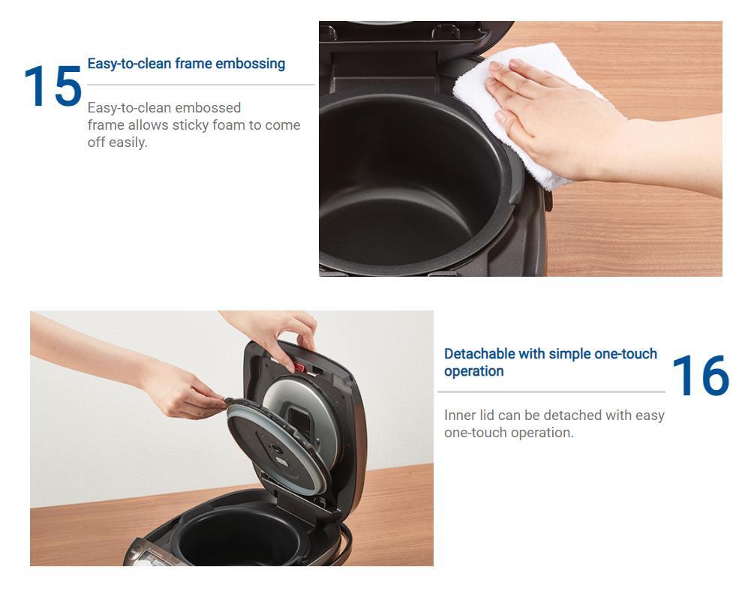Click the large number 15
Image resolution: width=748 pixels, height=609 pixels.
(x=53, y=85)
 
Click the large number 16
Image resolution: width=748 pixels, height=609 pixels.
(x=700, y=375)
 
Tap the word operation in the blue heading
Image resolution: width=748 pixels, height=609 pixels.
(x=473, y=371)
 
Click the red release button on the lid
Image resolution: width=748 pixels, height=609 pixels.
(x=299, y=367)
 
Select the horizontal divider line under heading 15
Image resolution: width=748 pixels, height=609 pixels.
(x=201, y=85)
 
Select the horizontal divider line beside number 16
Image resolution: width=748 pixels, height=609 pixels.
(x=551, y=392)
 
